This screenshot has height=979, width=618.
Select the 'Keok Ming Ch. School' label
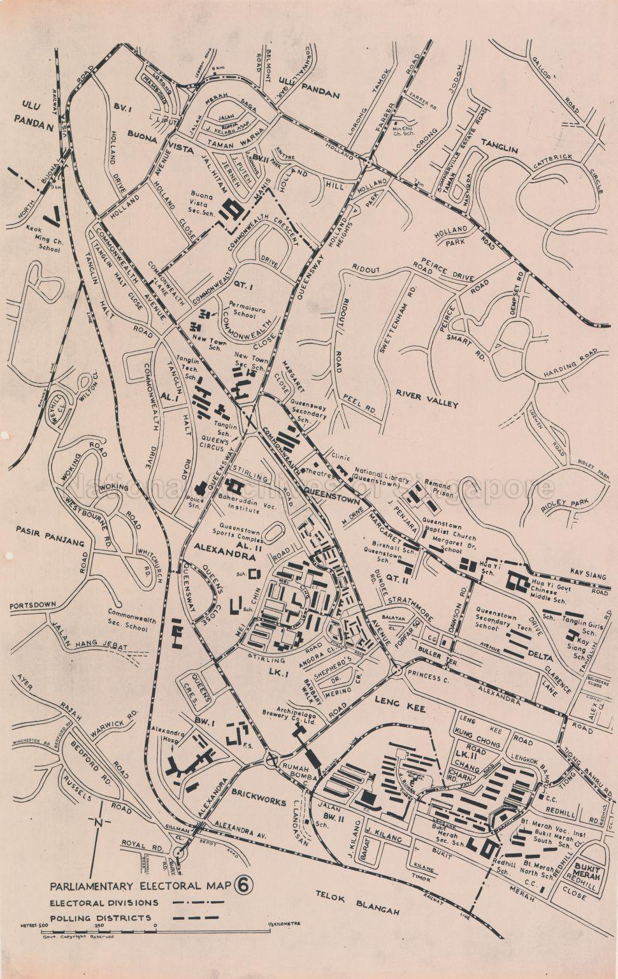43,237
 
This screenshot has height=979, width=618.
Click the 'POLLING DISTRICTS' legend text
101,918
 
